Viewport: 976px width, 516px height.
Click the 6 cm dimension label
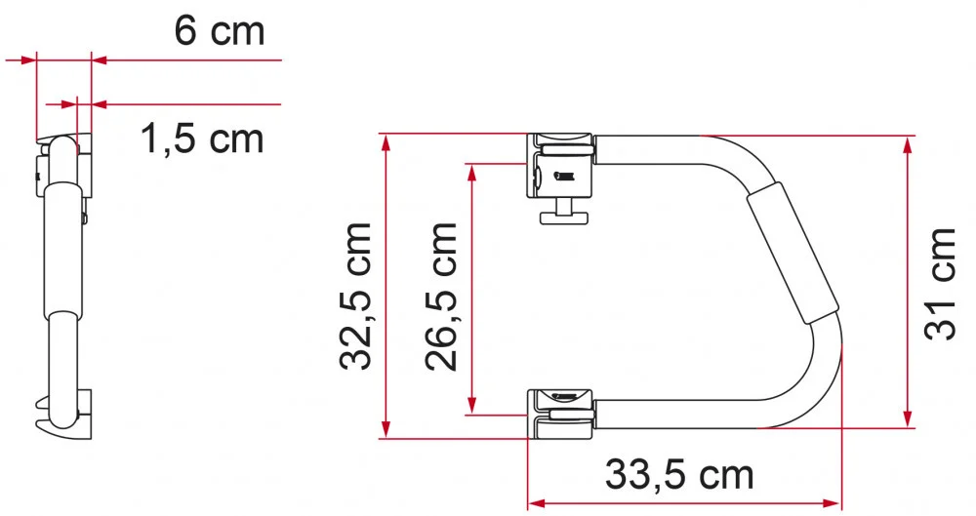pos(219,31)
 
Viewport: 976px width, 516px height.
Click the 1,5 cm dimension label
pos(202,139)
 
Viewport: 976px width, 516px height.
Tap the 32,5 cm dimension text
pos(355,295)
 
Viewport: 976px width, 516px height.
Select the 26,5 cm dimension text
pos(441,295)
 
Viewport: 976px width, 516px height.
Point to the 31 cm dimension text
pos(939,284)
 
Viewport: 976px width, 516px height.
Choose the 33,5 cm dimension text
pos(679,475)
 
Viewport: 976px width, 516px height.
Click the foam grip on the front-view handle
pos(792,256)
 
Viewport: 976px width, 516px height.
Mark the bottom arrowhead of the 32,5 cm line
pos(387,429)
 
